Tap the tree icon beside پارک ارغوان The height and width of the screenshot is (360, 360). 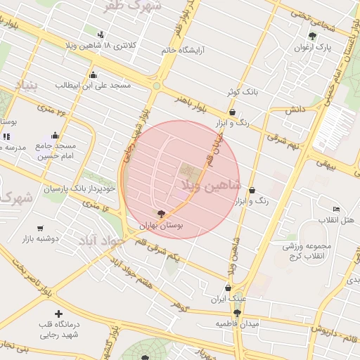[312, 37]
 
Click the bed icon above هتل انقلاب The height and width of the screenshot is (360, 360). [336, 209]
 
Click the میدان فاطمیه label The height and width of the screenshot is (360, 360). [237, 323]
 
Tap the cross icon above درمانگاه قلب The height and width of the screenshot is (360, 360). [58, 313]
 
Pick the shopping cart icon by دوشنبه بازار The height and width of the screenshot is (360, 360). [40, 229]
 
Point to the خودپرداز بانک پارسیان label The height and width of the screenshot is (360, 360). [79, 188]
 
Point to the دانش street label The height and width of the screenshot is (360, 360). [294, 110]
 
